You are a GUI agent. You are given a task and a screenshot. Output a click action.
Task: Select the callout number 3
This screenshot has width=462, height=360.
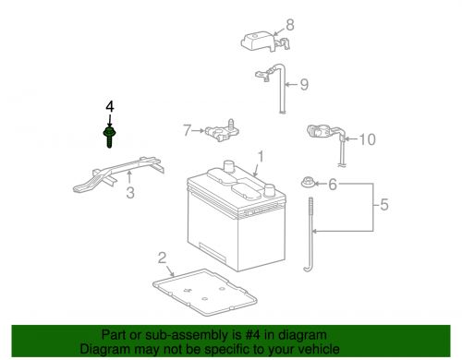pos(130,192)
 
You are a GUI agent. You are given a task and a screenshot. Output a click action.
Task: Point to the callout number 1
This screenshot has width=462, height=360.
pos(261,156)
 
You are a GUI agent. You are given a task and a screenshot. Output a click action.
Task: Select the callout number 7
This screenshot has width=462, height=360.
pos(186,131)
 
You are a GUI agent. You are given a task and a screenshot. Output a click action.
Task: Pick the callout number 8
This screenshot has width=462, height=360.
pos(289,25)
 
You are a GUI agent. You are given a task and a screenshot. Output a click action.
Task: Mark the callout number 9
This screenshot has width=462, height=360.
pos(303,85)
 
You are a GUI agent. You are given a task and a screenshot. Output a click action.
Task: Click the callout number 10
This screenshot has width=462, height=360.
pos(367,140)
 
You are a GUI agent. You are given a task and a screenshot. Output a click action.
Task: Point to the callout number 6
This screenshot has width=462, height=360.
pos(332,186)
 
